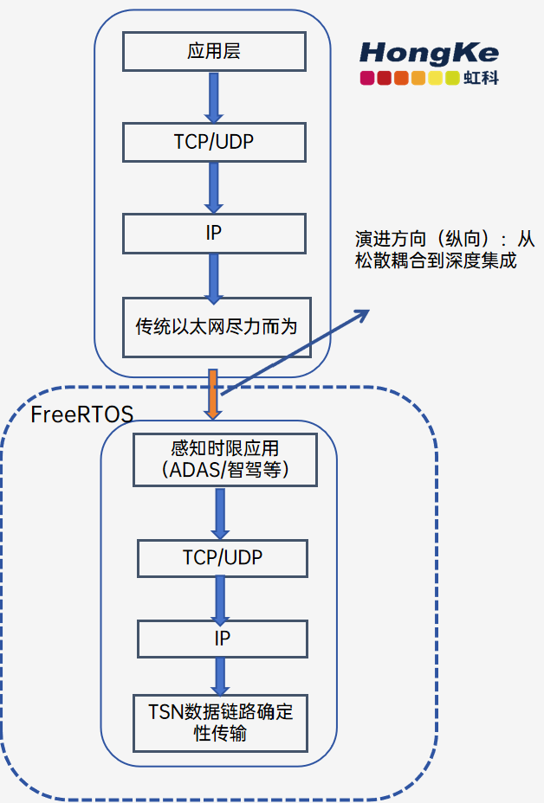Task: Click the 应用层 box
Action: (214, 52)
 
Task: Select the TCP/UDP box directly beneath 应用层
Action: (214, 142)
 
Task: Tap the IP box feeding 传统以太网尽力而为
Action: (214, 233)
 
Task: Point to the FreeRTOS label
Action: (81, 414)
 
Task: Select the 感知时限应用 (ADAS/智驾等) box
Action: (224, 459)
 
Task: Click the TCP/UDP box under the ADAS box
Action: (223, 557)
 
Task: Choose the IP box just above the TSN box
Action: (223, 639)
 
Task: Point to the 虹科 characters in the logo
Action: (482, 79)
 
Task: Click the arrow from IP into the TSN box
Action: (221, 675)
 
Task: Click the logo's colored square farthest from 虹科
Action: (367, 79)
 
